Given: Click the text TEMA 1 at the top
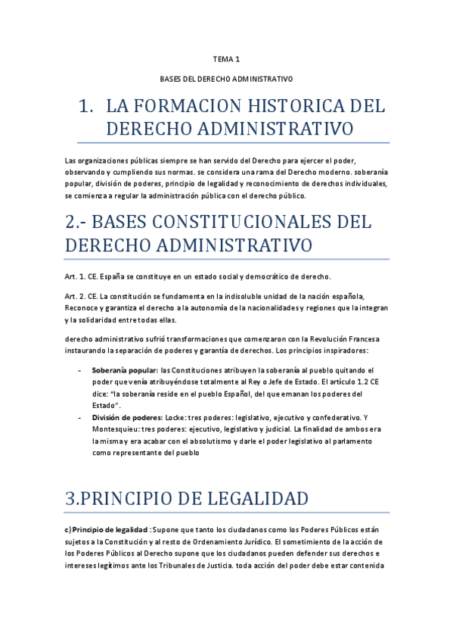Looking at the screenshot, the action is tap(226, 58).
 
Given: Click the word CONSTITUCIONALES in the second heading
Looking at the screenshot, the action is tap(248, 223).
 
